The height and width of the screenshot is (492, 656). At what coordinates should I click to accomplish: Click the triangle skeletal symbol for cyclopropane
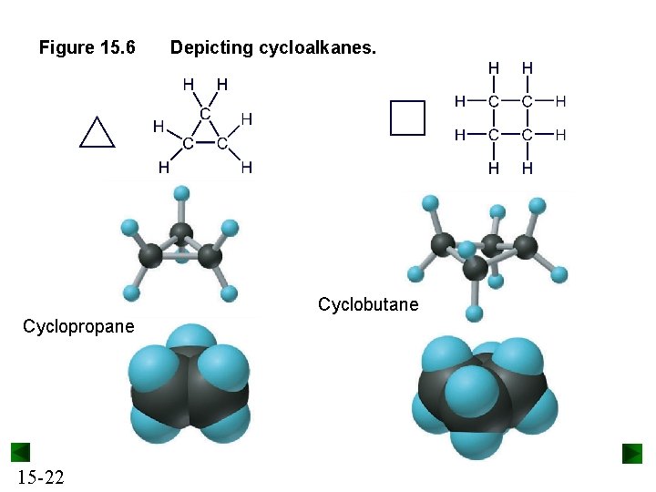point(97,133)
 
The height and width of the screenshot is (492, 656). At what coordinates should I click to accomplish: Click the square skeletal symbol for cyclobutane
point(407,118)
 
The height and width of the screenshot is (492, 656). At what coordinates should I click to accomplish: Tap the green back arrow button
point(20,452)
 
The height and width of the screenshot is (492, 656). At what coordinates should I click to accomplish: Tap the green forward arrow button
point(632,453)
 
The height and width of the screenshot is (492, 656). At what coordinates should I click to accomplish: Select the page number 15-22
point(40,477)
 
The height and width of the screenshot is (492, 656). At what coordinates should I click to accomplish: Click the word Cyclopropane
point(78,326)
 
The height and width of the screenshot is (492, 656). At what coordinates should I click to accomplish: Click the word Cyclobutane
point(368,304)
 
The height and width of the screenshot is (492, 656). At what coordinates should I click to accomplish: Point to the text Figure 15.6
point(87,46)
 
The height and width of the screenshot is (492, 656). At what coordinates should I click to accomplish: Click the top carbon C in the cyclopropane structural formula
point(205,114)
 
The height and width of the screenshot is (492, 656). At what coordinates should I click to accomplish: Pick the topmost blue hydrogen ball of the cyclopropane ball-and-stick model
point(181,193)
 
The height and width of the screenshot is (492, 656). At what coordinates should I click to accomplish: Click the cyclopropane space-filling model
point(190,383)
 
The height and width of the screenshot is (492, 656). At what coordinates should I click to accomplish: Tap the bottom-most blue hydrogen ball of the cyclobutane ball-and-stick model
point(474,313)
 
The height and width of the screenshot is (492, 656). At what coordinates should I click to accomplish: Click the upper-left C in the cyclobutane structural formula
point(493,100)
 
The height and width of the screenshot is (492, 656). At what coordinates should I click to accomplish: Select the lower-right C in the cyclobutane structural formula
point(527,135)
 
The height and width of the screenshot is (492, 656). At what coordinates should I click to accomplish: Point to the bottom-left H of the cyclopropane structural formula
point(163,167)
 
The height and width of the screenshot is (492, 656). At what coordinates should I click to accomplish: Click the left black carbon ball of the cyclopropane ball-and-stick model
point(151,255)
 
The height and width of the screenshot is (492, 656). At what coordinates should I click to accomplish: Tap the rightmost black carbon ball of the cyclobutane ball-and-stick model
point(525,246)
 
